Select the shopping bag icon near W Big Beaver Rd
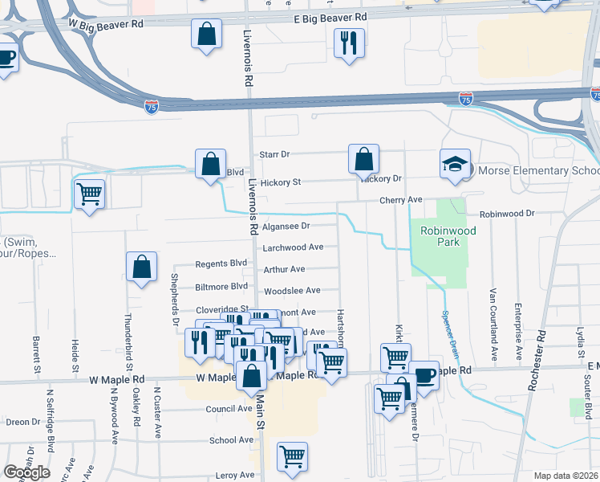click(x=207, y=35)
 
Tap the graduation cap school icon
click(x=454, y=165)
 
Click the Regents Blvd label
click(x=221, y=263)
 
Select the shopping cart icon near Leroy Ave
click(x=292, y=456)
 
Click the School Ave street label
click(x=232, y=440)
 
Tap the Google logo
click(x=26, y=472)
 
